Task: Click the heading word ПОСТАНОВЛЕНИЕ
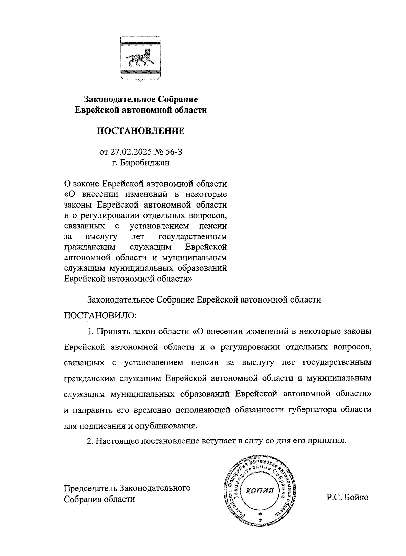(x=141, y=131)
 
